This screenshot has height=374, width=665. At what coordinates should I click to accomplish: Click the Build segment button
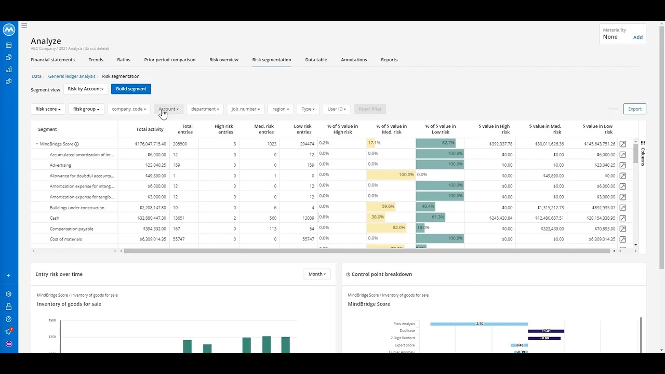pyautogui.click(x=131, y=89)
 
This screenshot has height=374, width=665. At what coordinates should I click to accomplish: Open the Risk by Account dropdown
pyautogui.click(x=85, y=89)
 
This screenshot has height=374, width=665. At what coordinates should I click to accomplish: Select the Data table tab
pyautogui.click(x=316, y=60)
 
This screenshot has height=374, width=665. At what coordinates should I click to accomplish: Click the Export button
pyautogui.click(x=634, y=109)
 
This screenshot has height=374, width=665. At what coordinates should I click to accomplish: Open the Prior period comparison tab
pyautogui.click(x=170, y=60)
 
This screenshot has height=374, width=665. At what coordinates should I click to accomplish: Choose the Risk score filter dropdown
pyautogui.click(x=48, y=109)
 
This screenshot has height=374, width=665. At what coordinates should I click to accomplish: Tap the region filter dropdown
pyautogui.click(x=281, y=109)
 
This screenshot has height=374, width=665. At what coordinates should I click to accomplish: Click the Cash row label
pyautogui.click(x=55, y=218)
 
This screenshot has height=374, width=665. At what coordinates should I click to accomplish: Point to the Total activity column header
pyautogui.click(x=150, y=129)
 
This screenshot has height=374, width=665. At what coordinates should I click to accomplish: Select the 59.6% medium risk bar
pyautogui.click(x=381, y=206)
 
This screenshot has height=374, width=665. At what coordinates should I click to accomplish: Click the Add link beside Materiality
pyautogui.click(x=637, y=37)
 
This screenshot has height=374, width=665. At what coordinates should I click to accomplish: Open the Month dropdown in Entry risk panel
pyautogui.click(x=317, y=274)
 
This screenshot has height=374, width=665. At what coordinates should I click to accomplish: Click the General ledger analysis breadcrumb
pyautogui.click(x=72, y=76)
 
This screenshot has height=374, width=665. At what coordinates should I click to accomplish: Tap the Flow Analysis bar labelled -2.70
pyautogui.click(x=478, y=324)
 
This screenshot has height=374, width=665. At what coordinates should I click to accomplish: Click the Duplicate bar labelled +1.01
pyautogui.click(x=546, y=331)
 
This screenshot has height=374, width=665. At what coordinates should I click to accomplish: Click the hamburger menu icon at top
pyautogui.click(x=24, y=25)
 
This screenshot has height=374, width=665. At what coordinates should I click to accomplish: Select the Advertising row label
pyautogui.click(x=60, y=165)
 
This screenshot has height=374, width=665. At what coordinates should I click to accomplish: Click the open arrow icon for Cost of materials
pyautogui.click(x=622, y=239)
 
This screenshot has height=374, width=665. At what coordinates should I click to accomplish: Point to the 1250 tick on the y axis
pyautogui.click(x=52, y=337)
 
